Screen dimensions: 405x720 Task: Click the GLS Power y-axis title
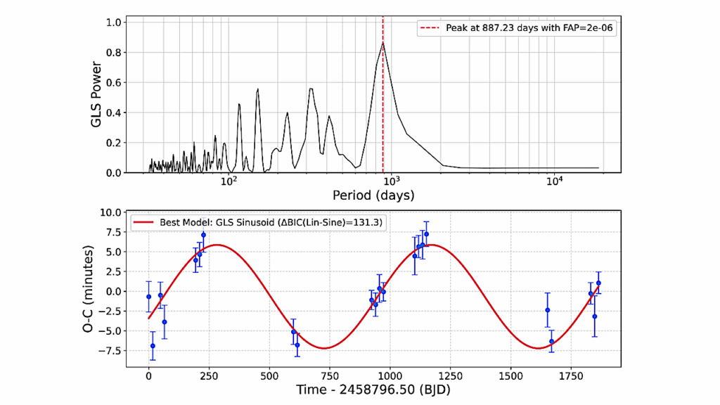click(x=97, y=95)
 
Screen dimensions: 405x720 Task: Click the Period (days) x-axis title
click(x=373, y=195)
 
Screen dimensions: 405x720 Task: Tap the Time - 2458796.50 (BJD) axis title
click(x=373, y=387)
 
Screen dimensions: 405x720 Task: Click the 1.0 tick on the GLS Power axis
click(x=115, y=22)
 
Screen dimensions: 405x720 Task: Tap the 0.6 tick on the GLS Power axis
click(x=115, y=82)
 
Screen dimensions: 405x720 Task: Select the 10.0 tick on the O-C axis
click(x=110, y=212)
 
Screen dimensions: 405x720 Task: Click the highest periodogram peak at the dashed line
click(x=382, y=42)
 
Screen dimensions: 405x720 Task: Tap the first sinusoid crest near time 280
click(x=217, y=245)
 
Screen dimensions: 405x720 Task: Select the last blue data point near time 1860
click(x=598, y=283)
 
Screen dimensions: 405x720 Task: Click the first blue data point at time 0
click(x=148, y=297)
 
